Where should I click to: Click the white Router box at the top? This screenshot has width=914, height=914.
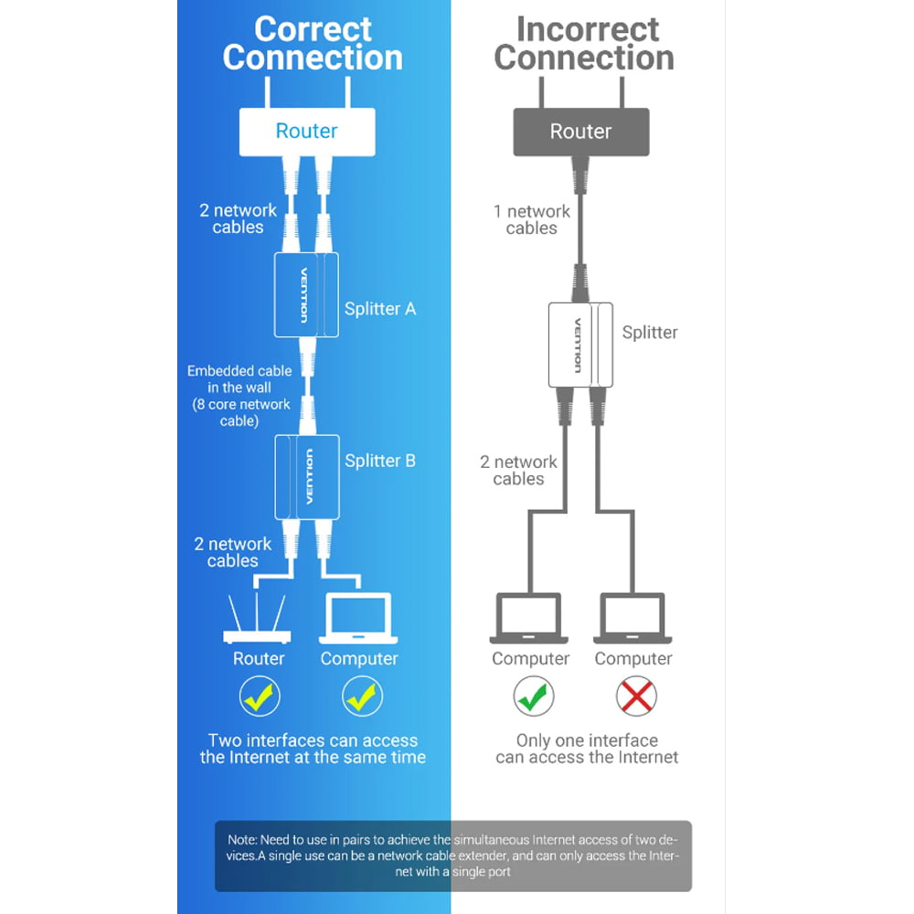tap(307, 132)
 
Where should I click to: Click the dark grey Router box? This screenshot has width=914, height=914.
tap(581, 132)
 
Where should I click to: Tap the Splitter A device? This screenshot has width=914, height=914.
tap(306, 295)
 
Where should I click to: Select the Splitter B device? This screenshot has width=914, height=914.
tap(307, 477)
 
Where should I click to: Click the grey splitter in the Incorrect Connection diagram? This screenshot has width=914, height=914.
tap(580, 345)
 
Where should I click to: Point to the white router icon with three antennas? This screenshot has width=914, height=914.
tap(257, 619)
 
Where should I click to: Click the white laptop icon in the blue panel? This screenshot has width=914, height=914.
tap(358, 619)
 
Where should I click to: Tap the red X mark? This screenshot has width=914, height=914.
tap(636, 696)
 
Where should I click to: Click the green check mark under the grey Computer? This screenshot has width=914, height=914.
tap(534, 696)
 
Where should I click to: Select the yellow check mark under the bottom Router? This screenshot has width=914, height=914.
tap(260, 696)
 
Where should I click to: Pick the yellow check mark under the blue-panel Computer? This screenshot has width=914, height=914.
tap(362, 696)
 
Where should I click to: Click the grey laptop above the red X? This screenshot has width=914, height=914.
tap(633, 619)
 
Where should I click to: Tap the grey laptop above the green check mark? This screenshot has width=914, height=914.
tap(529, 619)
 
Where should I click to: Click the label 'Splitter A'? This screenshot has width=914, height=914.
tap(380, 309)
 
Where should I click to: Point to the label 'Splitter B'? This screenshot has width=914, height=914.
tap(380, 461)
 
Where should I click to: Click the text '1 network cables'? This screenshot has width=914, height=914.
tap(532, 219)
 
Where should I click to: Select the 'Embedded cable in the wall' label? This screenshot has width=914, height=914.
tap(239, 379)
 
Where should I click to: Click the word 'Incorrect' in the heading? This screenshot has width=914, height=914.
tap(588, 29)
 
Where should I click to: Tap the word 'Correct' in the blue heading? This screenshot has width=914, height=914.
tap(313, 29)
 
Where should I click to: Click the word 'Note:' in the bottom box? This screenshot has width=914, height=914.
tap(242, 840)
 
